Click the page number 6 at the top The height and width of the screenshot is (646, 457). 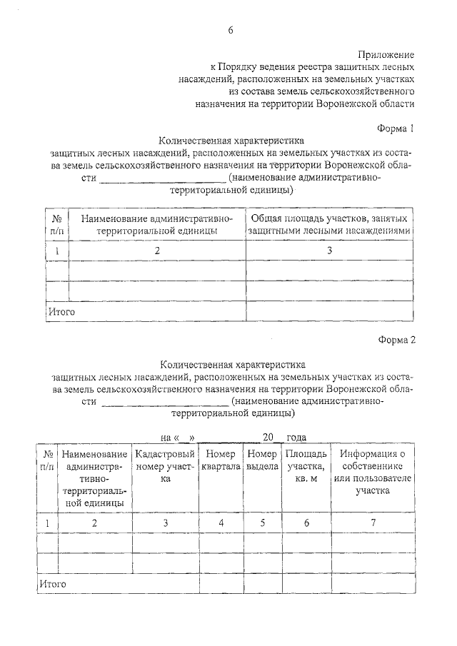tap(230, 29)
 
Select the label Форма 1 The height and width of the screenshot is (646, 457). tap(396, 128)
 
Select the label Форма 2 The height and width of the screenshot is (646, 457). tap(396, 340)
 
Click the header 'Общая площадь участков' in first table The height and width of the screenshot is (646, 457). tap(329, 223)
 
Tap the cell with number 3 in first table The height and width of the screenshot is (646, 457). tap(329, 251)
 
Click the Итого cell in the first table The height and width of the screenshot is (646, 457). tap(61, 312)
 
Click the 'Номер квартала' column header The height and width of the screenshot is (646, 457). tap(221, 460)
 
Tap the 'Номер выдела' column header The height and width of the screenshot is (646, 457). tap(262, 460)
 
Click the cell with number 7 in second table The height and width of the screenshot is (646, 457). tap(372, 523)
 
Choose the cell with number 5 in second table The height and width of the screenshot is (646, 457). tap(262, 523)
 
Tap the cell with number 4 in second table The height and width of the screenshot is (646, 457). tap(221, 523)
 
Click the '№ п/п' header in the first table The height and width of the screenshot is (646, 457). tap(56, 223)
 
